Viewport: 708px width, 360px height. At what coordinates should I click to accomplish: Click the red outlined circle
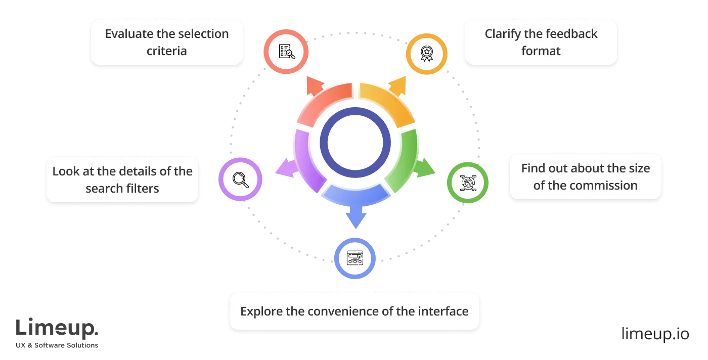(x=286, y=52)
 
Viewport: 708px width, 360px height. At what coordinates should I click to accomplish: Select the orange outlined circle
(x=427, y=54)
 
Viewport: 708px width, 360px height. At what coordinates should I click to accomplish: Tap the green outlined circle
(x=467, y=183)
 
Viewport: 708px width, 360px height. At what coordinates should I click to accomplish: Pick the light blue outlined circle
(x=355, y=258)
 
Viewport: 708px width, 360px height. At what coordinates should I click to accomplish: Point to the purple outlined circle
(x=241, y=179)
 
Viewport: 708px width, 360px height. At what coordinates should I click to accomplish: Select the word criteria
(x=167, y=51)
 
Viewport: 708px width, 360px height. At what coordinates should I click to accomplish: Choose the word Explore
(x=261, y=311)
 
